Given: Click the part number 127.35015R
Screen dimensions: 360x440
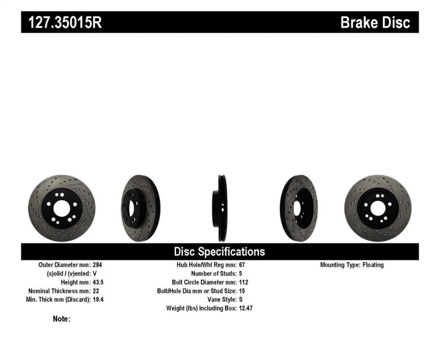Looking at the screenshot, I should coord(62,23).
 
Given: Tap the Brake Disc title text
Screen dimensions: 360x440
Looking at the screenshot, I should coord(375,23).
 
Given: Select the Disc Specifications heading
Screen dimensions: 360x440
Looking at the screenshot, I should coord(219,252).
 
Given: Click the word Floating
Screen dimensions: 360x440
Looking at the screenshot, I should coord(373,265).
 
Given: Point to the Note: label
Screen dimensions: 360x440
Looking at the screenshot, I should coord(62,319).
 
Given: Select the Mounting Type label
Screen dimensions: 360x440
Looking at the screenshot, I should coord(340,265).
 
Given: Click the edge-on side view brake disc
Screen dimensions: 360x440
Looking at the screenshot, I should coord(222,208).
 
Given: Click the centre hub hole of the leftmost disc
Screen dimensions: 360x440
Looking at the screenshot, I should coord(61,209).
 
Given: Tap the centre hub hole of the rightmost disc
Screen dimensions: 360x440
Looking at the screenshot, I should coord(377,208).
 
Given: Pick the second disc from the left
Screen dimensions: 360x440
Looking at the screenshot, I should coord(140,208).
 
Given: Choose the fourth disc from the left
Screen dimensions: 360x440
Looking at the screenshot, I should coord(299,208).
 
